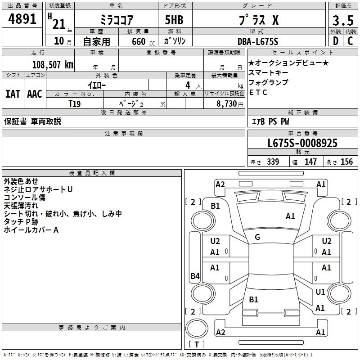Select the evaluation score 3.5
(343, 20)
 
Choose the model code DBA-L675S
(258, 41)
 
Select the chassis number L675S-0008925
(302, 143)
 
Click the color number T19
(75, 103)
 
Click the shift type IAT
(13, 94)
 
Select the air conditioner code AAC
(35, 94)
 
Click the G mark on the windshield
(257, 237)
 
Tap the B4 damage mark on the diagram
(195, 276)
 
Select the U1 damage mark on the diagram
(320, 292)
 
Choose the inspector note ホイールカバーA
(31, 230)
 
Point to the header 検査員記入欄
(92, 173)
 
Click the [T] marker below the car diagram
(197, 344)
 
